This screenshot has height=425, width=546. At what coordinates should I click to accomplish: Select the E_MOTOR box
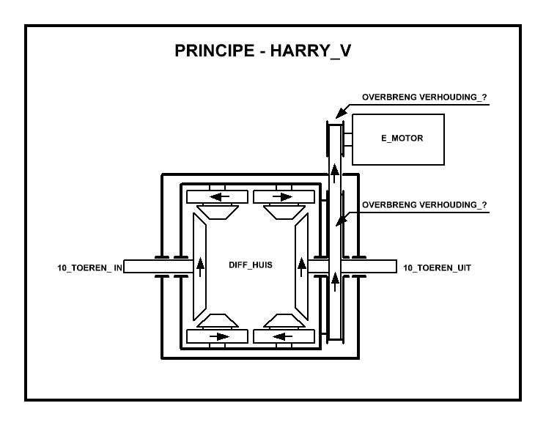tap(398, 138)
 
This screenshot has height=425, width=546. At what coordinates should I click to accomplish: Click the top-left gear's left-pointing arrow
tap(218, 196)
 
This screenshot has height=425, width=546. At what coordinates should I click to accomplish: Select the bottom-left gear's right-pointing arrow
tap(218, 337)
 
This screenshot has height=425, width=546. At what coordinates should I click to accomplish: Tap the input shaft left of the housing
tap(139, 267)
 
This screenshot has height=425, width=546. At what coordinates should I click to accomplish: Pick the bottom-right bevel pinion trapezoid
tap(282, 321)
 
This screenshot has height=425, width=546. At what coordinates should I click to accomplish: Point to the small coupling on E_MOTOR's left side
tap(348, 138)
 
